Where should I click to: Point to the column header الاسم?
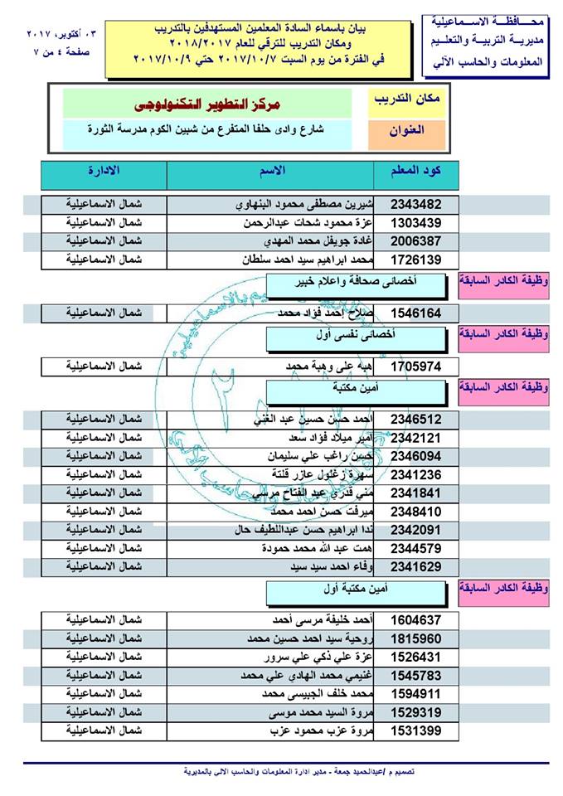(274, 172)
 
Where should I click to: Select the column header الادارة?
(103, 172)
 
